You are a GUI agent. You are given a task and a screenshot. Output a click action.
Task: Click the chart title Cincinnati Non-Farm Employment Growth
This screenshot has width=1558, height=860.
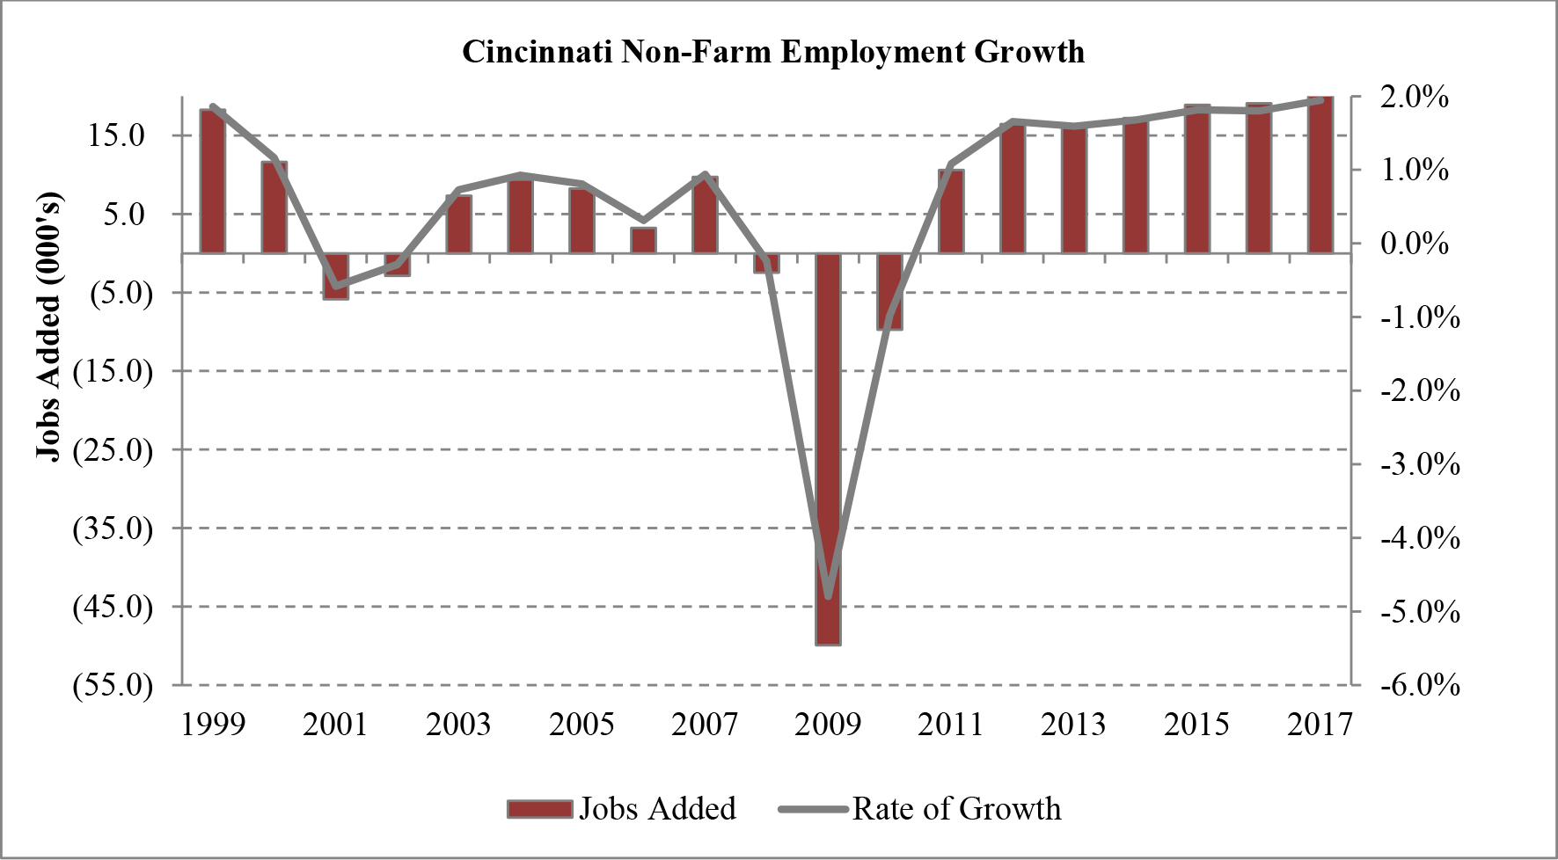point(773,52)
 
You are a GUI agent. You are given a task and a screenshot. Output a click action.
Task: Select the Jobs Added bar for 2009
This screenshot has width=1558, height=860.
point(828,448)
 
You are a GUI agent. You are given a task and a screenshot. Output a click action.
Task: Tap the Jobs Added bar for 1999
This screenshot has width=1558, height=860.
point(213,181)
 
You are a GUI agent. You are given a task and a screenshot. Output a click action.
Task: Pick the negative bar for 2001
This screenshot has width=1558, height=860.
point(336,276)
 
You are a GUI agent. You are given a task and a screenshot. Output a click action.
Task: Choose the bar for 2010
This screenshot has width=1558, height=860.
point(889,291)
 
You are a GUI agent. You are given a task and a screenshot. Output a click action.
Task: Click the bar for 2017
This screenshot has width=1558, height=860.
point(1320,175)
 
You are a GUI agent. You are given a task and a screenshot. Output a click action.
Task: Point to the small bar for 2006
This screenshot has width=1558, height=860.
point(643,241)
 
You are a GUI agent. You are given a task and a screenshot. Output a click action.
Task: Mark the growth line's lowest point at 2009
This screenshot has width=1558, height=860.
point(828,596)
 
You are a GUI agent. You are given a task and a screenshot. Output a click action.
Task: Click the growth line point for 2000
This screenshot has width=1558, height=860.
point(274,159)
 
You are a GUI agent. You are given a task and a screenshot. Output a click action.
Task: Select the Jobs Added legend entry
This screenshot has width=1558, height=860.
point(623,809)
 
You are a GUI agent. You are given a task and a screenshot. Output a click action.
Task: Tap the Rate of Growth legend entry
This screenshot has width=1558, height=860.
point(921,809)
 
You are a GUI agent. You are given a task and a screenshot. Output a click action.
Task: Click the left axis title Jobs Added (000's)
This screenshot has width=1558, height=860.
point(49,325)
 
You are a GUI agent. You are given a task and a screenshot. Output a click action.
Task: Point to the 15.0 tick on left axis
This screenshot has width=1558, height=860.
point(116,135)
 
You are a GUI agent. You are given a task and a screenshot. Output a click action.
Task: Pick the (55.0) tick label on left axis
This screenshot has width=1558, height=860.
point(113,684)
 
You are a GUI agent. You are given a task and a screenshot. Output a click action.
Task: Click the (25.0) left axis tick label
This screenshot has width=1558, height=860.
point(113,449)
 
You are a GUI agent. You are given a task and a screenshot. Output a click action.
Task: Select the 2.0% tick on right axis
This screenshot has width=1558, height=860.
point(1414,97)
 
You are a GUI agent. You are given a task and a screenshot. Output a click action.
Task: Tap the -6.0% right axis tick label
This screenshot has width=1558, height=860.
point(1419,684)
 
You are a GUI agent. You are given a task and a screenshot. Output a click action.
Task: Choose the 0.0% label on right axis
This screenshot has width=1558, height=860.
point(1414,244)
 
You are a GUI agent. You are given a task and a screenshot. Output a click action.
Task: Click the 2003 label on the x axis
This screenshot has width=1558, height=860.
point(458,725)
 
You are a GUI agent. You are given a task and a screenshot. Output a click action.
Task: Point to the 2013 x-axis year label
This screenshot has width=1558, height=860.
point(1073,725)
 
